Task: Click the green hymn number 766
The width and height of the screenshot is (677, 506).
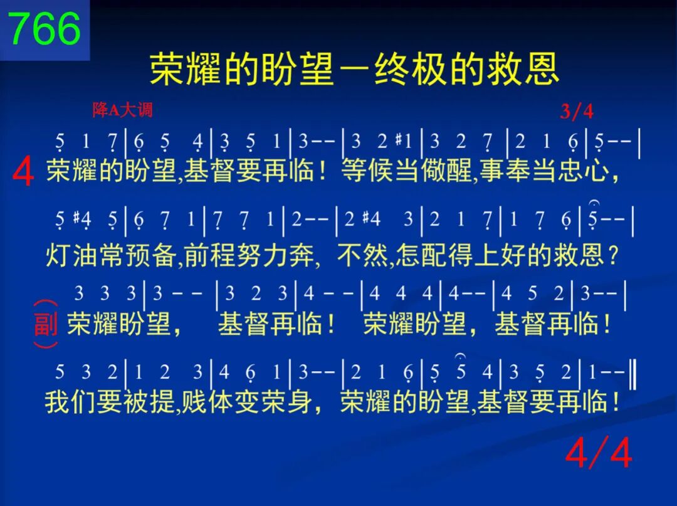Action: coord(45,28)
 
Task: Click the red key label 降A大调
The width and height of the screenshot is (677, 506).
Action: coord(123,110)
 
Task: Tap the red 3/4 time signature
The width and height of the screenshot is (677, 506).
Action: coord(577,112)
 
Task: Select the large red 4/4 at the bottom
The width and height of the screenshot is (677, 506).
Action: coord(599,453)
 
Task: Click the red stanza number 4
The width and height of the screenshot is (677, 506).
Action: coord(23,172)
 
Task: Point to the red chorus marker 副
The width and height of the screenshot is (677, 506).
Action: coord(46,324)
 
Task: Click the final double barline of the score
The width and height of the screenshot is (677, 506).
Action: coord(633,372)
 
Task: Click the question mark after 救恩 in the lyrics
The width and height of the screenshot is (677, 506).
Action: coord(613,255)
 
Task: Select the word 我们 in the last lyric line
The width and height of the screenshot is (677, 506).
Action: coord(71,402)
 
